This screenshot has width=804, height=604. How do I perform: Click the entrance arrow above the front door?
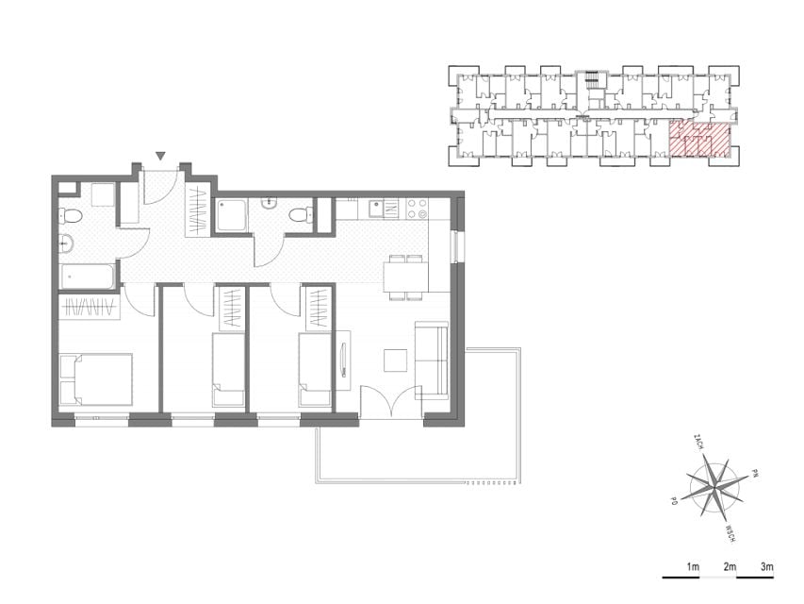[x=161, y=156]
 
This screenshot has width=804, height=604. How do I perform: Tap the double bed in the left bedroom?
[x=96, y=379]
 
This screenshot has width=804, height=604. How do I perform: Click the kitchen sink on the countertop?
[x=383, y=209]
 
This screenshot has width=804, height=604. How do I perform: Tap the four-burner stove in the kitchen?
[x=417, y=209]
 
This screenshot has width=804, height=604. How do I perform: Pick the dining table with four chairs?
[x=406, y=277]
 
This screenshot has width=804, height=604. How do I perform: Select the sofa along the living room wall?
[x=432, y=361]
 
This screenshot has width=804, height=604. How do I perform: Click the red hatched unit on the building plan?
[x=699, y=139]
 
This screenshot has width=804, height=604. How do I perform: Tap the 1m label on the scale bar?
[x=693, y=567]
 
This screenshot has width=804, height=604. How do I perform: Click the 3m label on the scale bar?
[x=766, y=567]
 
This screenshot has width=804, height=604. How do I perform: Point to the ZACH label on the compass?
[x=697, y=442]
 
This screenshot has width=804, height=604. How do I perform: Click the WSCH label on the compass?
[x=730, y=533]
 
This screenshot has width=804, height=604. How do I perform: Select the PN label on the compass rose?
[x=754, y=472]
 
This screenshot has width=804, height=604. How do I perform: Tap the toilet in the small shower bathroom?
[x=301, y=215]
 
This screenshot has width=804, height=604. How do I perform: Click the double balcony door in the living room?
[x=392, y=403]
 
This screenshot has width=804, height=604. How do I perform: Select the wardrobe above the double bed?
[x=90, y=308]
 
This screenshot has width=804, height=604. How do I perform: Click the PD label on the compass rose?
[x=674, y=499]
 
